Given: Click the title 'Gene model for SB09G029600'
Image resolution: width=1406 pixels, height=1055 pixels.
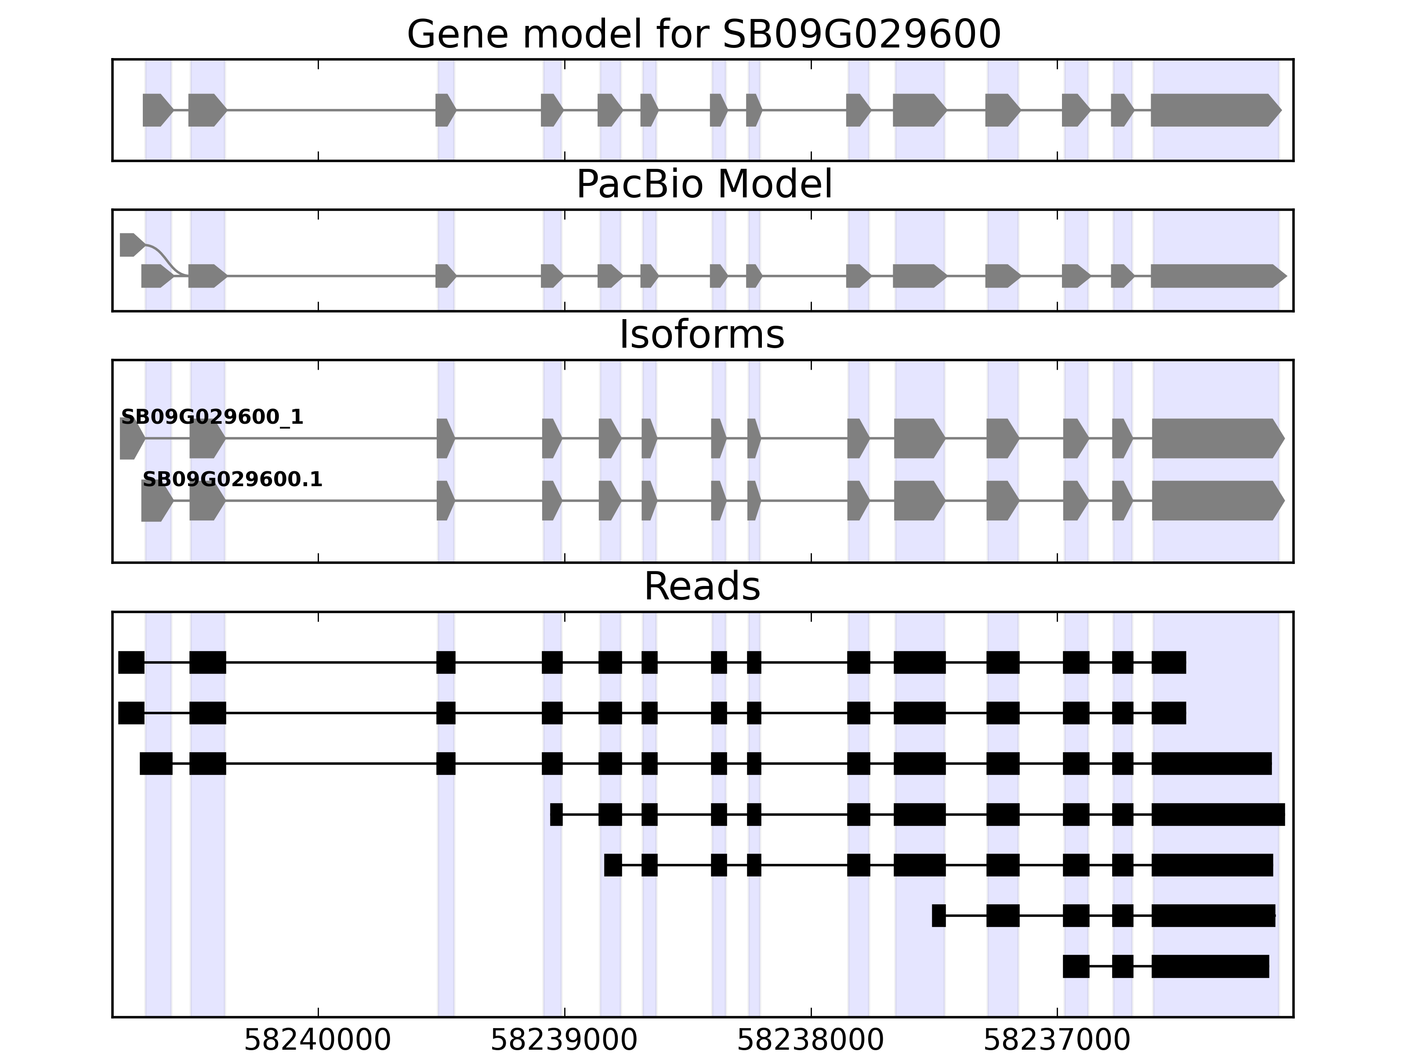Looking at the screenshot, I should point(703,34).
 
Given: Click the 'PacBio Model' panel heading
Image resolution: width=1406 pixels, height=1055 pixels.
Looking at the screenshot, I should point(703,185).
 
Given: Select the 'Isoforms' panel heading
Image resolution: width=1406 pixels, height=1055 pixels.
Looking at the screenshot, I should point(702,335).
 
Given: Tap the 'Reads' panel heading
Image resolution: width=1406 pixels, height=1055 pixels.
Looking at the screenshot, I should point(702,586).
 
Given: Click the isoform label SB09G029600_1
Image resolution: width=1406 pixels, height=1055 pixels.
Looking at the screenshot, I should point(212,417).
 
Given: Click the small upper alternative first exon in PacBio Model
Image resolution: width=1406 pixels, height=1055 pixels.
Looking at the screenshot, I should point(130,245).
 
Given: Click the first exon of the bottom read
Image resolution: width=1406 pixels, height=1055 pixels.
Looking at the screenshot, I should point(1076,966).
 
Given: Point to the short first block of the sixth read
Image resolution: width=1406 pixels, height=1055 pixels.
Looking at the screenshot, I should point(938,915).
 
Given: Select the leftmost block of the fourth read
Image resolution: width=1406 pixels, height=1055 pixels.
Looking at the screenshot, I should point(556,815).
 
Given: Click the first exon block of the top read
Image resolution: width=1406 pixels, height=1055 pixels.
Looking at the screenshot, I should point(131,662).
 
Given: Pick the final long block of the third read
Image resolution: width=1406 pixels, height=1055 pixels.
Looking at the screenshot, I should point(1211,763).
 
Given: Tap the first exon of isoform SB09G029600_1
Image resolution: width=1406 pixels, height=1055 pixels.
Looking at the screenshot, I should point(131,438).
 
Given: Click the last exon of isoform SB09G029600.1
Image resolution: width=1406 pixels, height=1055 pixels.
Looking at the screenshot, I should point(1215,501).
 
